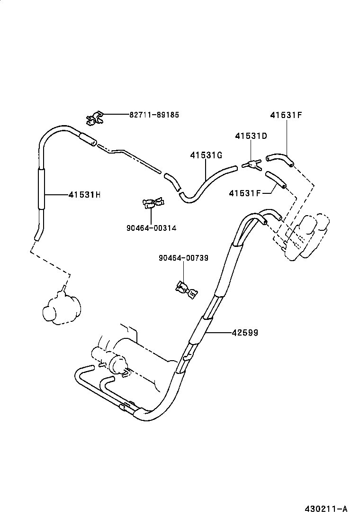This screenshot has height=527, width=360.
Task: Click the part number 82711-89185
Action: [154, 115]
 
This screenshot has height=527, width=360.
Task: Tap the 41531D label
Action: [251, 136]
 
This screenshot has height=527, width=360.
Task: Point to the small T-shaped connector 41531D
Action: [252, 164]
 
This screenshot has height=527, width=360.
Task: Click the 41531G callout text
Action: [207, 155]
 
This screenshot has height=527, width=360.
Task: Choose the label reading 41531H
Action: [84, 194]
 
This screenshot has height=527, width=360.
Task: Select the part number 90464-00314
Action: [151, 228]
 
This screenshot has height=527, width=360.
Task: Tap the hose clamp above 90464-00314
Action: [153, 203]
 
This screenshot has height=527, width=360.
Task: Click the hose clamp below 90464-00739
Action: [185, 289]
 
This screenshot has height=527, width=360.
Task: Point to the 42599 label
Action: [245, 333]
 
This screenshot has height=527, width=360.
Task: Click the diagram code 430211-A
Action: [325, 509]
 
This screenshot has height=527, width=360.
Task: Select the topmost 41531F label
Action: [286, 115]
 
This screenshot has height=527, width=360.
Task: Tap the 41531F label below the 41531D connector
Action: [245, 193]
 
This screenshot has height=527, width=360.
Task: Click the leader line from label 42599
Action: [218, 333]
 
